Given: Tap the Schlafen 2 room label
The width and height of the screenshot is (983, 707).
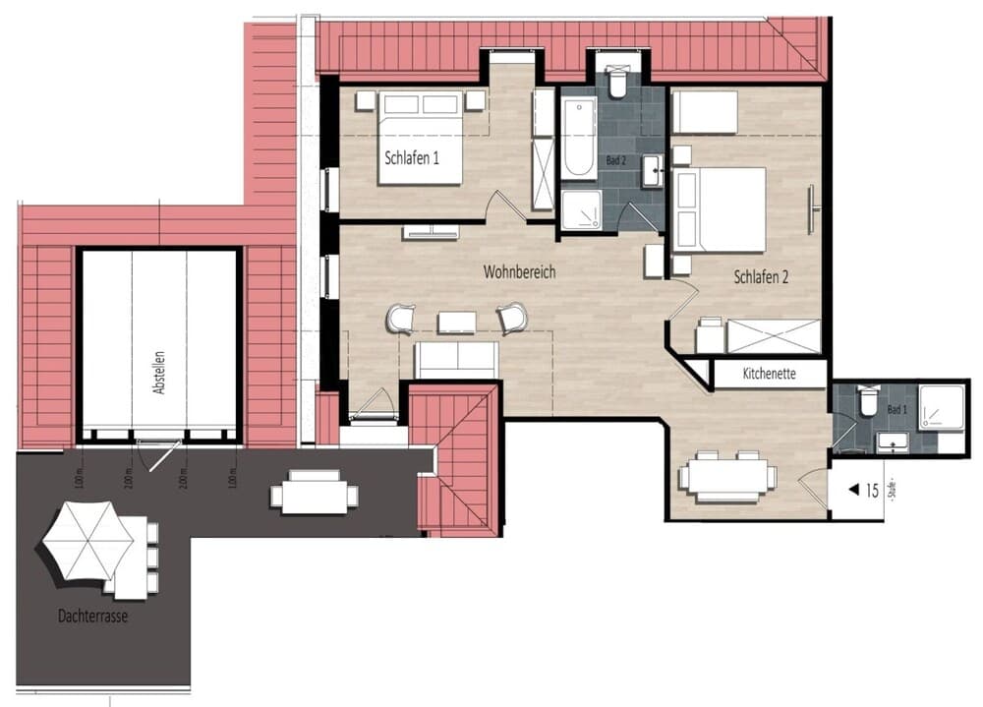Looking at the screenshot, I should click(761, 277).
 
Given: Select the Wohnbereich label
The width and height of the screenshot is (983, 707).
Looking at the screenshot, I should click(518, 270).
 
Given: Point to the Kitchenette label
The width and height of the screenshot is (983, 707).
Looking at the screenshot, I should click(769, 374).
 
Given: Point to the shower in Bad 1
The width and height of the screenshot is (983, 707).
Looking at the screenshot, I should click(941, 406).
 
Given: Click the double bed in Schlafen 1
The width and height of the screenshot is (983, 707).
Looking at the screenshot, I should click(421, 138).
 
